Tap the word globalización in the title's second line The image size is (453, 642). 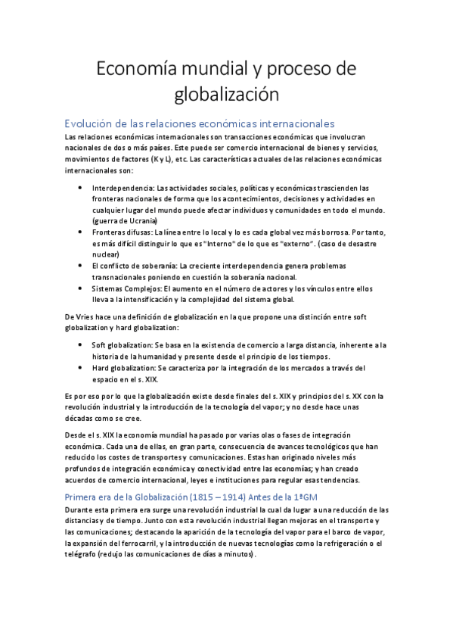[x=227, y=95]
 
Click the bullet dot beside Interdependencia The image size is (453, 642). [x=81, y=188]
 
